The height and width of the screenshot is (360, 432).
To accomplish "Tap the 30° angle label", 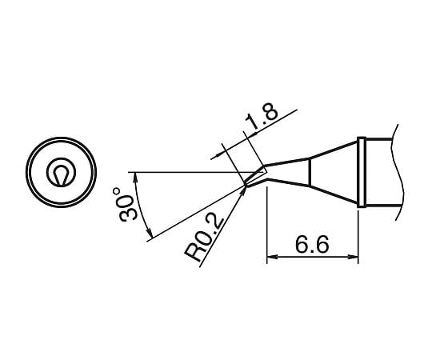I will click(126, 205).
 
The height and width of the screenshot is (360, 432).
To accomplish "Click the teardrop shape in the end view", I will click(61, 174).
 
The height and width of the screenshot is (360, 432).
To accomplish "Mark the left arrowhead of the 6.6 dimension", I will click(270, 258).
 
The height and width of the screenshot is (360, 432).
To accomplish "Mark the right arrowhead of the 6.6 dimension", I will click(355, 258).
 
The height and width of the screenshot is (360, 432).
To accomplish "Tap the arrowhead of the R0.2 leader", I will click(245, 190).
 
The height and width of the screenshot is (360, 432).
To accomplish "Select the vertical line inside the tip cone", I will click(309, 174).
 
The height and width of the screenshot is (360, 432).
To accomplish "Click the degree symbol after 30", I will click(118, 192).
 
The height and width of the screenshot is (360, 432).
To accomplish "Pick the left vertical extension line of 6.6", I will click(265, 232).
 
